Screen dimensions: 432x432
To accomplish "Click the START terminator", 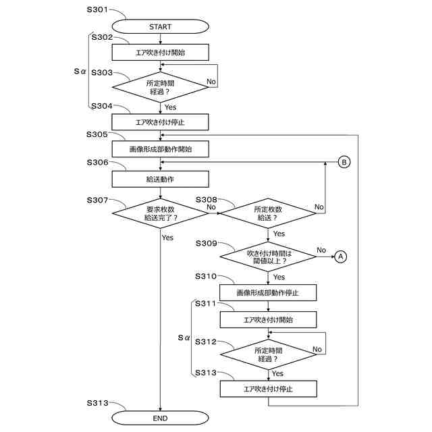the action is pos(161,27).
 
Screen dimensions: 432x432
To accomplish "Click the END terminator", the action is pos(161,418).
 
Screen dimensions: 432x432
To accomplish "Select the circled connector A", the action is pos(341,256).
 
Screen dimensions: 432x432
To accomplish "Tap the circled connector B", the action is pos(344,162).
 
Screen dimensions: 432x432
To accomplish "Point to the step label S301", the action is pos(97,9).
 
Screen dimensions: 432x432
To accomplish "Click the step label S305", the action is pos(97,134).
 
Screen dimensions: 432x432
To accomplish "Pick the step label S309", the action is pos(207,243).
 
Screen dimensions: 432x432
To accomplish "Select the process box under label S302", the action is pos(161,53).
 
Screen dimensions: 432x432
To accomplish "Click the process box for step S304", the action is pos(161,122).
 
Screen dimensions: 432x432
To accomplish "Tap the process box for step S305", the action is pos(161,149).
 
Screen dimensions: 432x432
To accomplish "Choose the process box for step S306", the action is pos(161,179).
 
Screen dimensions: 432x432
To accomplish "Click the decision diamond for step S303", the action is pos(161,87).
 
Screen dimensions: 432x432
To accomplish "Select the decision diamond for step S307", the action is pos(161,213).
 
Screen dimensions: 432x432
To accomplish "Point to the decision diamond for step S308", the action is pos(268,213).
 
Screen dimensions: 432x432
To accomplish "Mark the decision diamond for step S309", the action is pos(268,256).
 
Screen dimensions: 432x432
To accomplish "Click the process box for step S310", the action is pos(268,292).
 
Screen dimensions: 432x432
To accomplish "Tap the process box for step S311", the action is pos(268,319).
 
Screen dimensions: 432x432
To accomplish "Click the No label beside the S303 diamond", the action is pos(211,82).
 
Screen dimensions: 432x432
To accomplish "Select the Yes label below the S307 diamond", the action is pos(167,238).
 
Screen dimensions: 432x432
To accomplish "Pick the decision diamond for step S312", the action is pos(269,354).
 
